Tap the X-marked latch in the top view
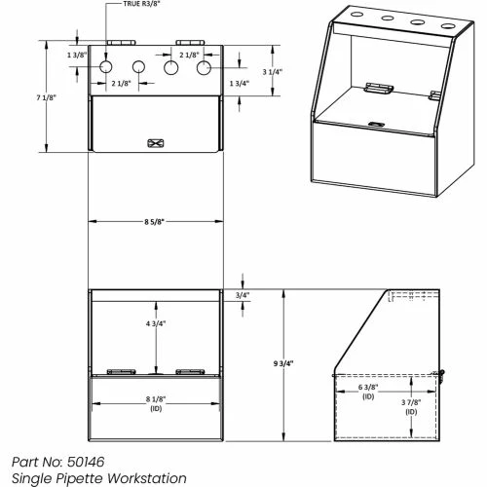click(152, 142)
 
